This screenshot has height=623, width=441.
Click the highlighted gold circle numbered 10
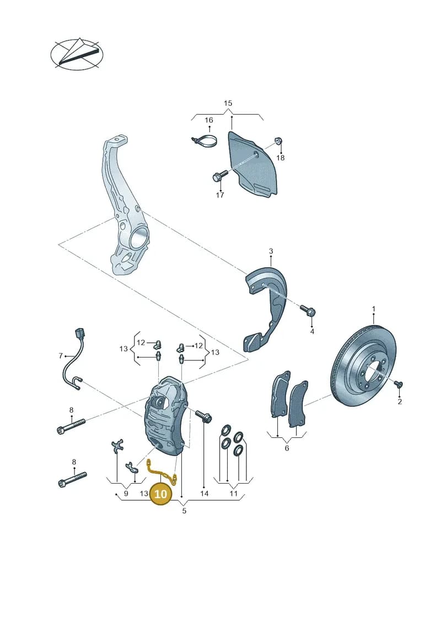tap(160, 494)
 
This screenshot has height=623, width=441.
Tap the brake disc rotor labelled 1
tap(363, 371)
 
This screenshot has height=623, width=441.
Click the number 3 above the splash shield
tap(271, 251)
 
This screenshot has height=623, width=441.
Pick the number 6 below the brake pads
tap(287, 448)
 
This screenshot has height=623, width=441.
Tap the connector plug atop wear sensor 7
tap(79, 333)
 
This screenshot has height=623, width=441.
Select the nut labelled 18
tap(278, 140)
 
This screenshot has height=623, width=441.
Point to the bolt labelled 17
tap(220, 176)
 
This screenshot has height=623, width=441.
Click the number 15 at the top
tap(228, 104)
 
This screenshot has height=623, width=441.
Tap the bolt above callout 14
tap(203, 416)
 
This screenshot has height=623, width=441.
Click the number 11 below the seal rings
tap(233, 494)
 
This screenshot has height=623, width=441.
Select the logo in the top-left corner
tap(77, 55)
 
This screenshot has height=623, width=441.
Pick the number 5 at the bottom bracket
tap(184, 511)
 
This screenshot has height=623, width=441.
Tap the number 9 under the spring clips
tap(126, 494)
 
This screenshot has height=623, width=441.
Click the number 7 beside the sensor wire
tap(61, 356)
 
